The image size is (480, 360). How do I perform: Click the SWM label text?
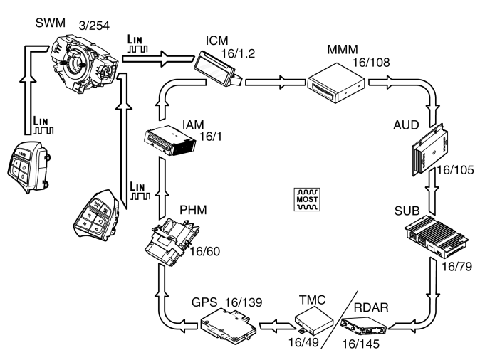coord(51,23)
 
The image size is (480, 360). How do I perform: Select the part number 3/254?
coord(94,26)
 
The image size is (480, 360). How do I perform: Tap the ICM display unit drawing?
coord(218,70)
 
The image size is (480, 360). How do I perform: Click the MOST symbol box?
coord(307,199)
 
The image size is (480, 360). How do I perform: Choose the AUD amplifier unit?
coord(430,149)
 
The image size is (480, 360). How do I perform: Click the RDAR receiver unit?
coord(364,327)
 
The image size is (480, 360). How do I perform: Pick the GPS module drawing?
coord(229,325)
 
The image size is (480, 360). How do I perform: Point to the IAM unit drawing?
coord(170,140)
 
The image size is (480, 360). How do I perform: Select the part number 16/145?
coord(360,344)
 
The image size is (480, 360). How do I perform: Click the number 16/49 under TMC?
coord(303,342)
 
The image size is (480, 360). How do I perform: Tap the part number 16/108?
coord(371,63)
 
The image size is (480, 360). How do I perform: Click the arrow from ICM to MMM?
coord(276,83)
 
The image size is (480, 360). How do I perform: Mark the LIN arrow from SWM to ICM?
coord(158,59)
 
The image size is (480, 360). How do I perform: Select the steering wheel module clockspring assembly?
coord(84,63)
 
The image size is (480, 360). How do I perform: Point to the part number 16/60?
coord(205,251)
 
